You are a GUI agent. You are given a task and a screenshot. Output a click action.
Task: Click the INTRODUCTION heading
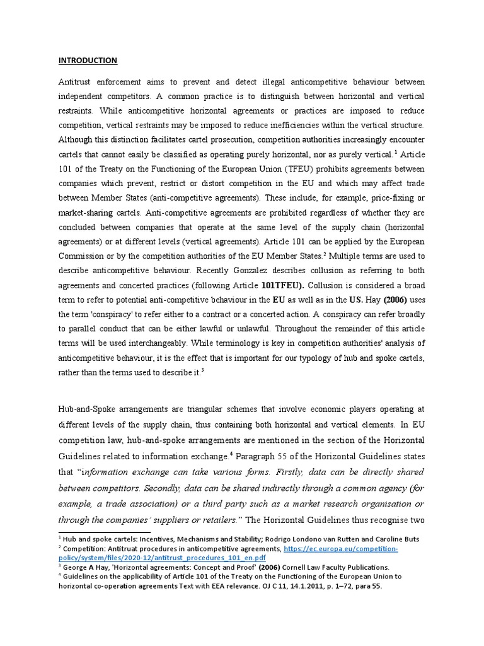click(x=88, y=61)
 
